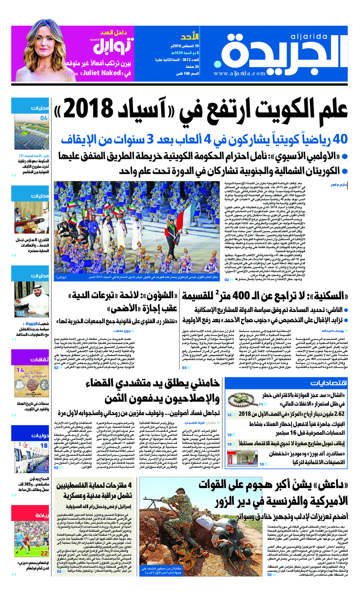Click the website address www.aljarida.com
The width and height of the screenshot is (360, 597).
tap(239, 73)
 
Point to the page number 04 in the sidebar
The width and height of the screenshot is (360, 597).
tap(44, 118)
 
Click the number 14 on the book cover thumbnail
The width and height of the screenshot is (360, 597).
tap(20, 370)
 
